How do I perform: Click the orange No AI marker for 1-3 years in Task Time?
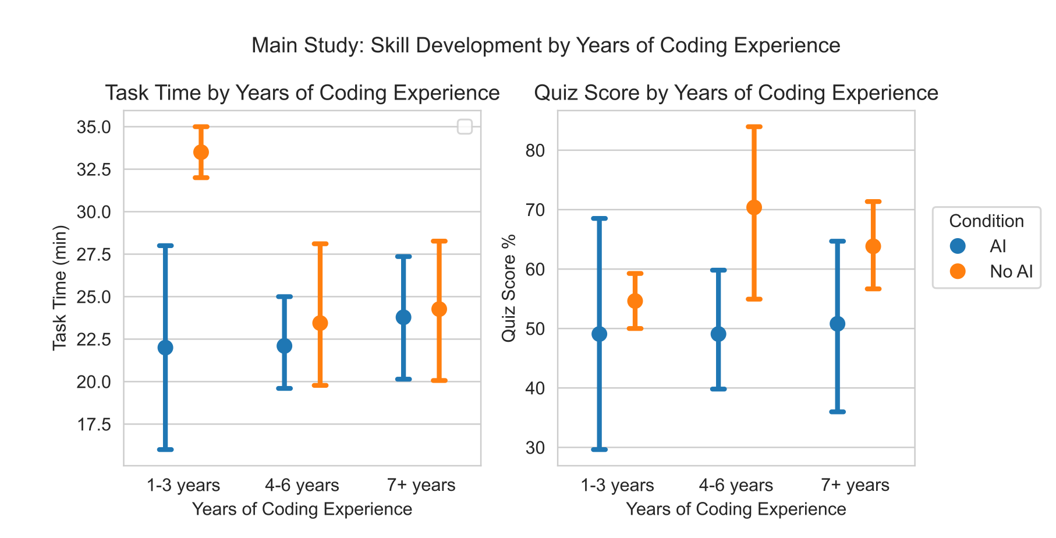click(201, 152)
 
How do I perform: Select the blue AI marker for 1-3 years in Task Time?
click(165, 348)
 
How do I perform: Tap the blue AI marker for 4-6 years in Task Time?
click(284, 346)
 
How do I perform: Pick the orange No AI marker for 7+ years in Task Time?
click(439, 309)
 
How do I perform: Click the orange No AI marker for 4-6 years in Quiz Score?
click(754, 207)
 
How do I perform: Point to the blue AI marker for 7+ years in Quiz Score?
click(837, 324)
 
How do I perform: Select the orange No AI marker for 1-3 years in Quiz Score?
click(635, 301)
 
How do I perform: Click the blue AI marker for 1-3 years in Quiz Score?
click(599, 334)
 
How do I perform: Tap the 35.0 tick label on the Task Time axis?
click(94, 127)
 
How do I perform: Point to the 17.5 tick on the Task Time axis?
click(94, 424)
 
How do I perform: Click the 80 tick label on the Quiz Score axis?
click(535, 151)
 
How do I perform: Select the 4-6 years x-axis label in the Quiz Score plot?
click(736, 485)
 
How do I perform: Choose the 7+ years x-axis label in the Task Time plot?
click(421, 485)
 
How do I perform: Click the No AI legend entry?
click(1011, 271)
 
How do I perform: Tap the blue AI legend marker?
click(958, 246)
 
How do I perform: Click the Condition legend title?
click(986, 221)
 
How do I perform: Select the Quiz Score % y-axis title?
click(509, 288)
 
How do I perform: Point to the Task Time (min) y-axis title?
click(60, 288)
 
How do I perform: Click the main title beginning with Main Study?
click(545, 45)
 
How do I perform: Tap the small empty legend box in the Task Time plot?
click(465, 126)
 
